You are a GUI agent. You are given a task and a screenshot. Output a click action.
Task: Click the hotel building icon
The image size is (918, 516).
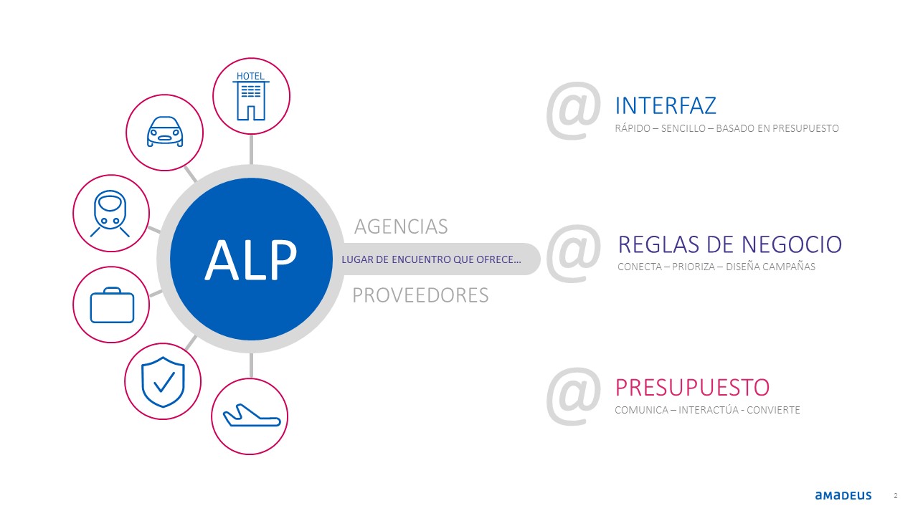251,96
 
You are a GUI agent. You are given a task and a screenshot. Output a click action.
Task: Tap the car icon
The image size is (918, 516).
165,131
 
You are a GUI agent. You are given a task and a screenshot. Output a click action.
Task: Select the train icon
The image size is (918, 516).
110,214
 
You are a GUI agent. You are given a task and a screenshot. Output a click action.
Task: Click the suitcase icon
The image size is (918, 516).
112,305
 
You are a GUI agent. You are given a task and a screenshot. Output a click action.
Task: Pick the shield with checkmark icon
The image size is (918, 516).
163,382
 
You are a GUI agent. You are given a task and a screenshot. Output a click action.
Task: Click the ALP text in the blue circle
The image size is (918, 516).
250,259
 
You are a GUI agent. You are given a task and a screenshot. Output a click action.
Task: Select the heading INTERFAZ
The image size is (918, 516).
666,105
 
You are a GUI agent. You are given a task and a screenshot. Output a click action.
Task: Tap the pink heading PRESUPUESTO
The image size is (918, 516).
692,388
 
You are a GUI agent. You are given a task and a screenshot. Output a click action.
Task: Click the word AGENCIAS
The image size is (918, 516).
401,226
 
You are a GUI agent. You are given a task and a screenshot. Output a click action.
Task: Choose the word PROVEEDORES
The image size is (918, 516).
420,295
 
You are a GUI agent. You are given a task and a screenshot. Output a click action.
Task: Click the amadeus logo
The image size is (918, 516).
843,495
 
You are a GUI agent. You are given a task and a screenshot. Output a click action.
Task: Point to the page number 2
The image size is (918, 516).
896,496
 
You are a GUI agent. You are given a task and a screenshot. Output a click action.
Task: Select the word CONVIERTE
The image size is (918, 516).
773,410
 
